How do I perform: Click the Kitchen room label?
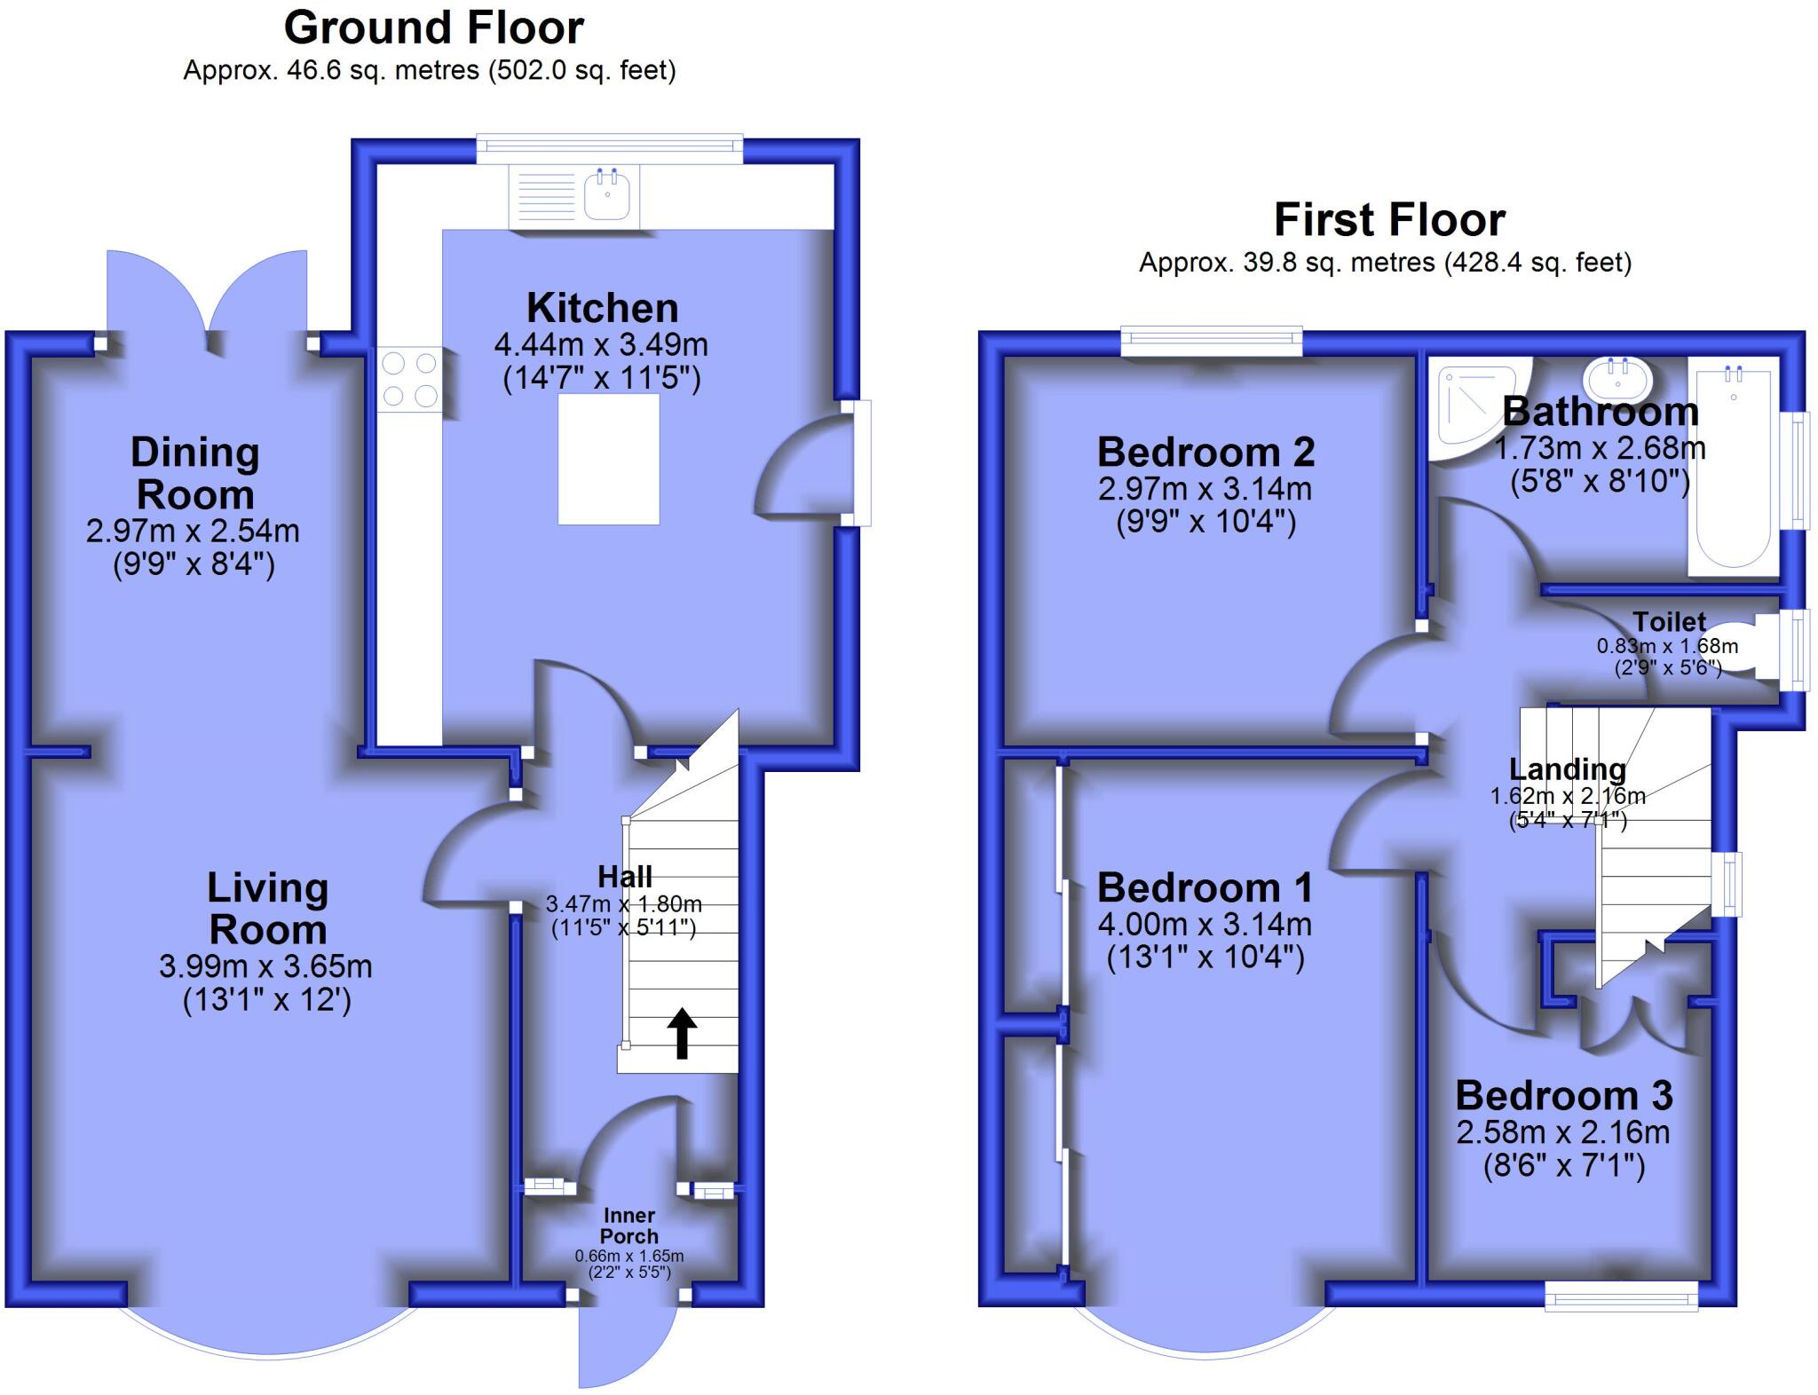point(602,308)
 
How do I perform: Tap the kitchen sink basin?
point(607,196)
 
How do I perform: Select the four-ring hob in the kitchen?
point(410,378)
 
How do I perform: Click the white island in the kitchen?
point(608,459)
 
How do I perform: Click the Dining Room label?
point(194,473)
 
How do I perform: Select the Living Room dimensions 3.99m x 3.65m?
point(265,965)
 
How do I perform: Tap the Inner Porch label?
point(628,1226)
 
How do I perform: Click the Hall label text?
point(625,877)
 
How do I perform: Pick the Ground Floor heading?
point(433,28)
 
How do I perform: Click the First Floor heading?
point(1389,219)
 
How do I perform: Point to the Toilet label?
point(1669,621)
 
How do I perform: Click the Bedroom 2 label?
point(1205,452)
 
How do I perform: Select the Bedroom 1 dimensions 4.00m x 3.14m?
point(1205,924)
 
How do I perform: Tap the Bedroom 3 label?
point(1563,1095)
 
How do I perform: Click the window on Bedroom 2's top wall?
point(1211,341)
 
